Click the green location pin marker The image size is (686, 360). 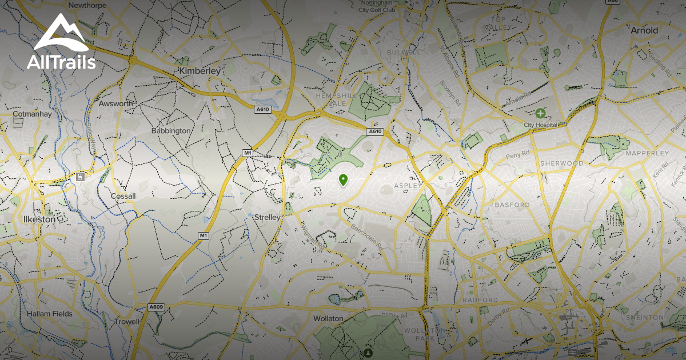343,180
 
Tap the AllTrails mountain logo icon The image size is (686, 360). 61,36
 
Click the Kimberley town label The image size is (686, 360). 200,71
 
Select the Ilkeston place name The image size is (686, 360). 39,219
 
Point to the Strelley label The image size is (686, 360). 267,218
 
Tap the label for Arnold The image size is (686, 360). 644,30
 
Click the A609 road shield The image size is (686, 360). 156,307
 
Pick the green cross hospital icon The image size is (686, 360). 540,114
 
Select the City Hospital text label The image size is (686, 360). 540,125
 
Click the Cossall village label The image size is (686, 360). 123,197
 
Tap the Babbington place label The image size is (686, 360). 171,131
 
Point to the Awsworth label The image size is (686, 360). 115,104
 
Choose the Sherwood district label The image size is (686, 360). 561,163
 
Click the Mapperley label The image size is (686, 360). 647,153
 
